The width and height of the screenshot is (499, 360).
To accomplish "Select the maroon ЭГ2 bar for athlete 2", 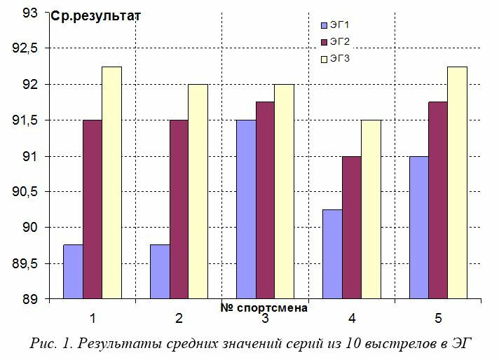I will pos(179,209).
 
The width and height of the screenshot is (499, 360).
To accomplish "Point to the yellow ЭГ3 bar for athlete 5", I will pos(457,183).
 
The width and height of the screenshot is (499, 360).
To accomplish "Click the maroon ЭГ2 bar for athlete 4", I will pos(352,228).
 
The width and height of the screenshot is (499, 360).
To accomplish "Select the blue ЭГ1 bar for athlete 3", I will pos(246,209).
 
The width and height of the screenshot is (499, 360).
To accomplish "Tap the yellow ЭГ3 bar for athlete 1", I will pos(111,183).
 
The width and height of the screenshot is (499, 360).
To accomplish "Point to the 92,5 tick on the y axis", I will pos(29,48).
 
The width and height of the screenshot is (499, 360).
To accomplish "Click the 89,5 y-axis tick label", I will pos(29,264).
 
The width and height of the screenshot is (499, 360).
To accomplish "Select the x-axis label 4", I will pos(352,319).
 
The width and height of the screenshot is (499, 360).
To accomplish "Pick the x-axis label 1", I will pos(92,319).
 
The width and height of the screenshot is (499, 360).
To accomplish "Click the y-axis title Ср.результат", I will pos(95,15).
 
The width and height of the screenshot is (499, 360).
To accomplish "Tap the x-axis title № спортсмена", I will pos(264,307).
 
